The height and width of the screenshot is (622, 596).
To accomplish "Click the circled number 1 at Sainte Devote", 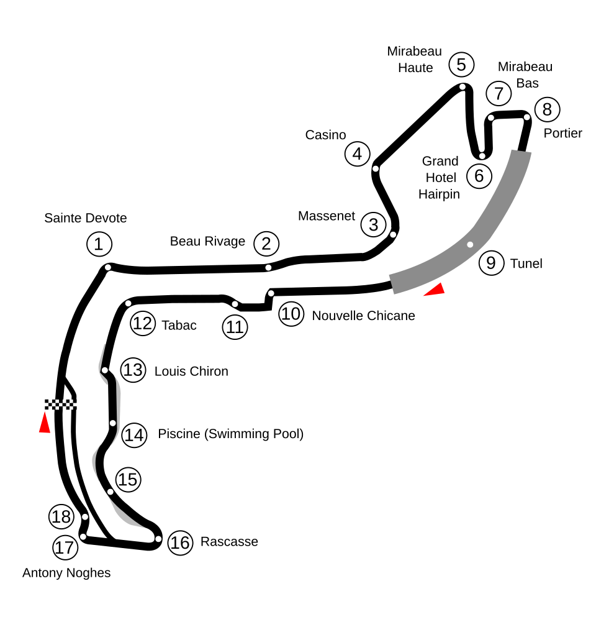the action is (x=99, y=244).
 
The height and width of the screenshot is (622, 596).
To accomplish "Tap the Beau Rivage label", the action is (x=207, y=241).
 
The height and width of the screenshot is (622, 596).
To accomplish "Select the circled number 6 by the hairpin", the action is (x=479, y=176).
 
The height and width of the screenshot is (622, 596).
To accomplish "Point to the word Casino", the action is (x=325, y=135).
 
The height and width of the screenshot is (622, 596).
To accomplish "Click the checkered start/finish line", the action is (x=60, y=405).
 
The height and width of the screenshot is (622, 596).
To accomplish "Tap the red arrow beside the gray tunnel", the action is (x=435, y=290).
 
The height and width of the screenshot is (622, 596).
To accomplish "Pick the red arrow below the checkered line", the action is (x=44, y=423).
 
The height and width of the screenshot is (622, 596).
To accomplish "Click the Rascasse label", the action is (x=229, y=541).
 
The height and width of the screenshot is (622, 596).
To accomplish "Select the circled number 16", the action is (x=180, y=542).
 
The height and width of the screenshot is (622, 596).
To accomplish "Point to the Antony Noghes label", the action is (x=66, y=573).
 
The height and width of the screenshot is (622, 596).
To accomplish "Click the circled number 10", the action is (x=291, y=314).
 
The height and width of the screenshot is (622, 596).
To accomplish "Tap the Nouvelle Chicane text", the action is (x=363, y=316).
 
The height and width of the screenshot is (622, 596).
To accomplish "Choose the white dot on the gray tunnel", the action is (x=470, y=244).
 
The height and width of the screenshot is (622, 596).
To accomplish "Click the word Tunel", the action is (x=526, y=263).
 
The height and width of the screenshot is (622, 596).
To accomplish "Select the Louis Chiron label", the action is (x=191, y=372).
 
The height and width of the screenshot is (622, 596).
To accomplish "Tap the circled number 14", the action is (x=134, y=435).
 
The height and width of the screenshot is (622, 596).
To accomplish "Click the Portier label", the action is (x=562, y=133).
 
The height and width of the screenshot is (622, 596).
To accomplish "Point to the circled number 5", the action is (x=461, y=65).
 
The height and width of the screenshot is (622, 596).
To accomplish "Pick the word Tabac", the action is (x=179, y=325).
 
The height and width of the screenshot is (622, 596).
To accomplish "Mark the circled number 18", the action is (x=61, y=516).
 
